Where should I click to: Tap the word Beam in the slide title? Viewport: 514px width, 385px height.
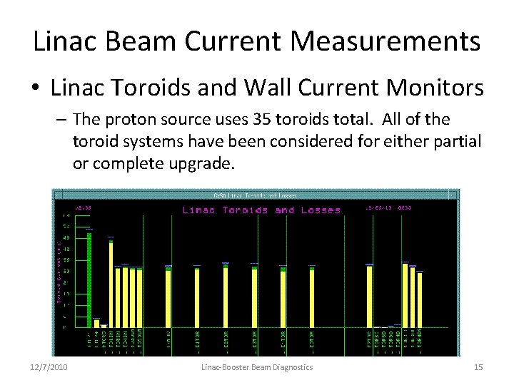coord(133,41)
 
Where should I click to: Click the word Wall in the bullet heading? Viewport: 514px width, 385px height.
coord(274,88)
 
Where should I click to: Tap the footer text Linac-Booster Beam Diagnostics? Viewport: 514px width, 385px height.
coord(257,366)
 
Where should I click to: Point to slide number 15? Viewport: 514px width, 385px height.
coord(478,366)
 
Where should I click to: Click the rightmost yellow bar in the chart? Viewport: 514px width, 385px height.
coord(420,299)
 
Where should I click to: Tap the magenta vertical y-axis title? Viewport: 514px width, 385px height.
coord(59,272)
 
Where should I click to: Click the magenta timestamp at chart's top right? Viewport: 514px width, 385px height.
coord(391,208)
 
